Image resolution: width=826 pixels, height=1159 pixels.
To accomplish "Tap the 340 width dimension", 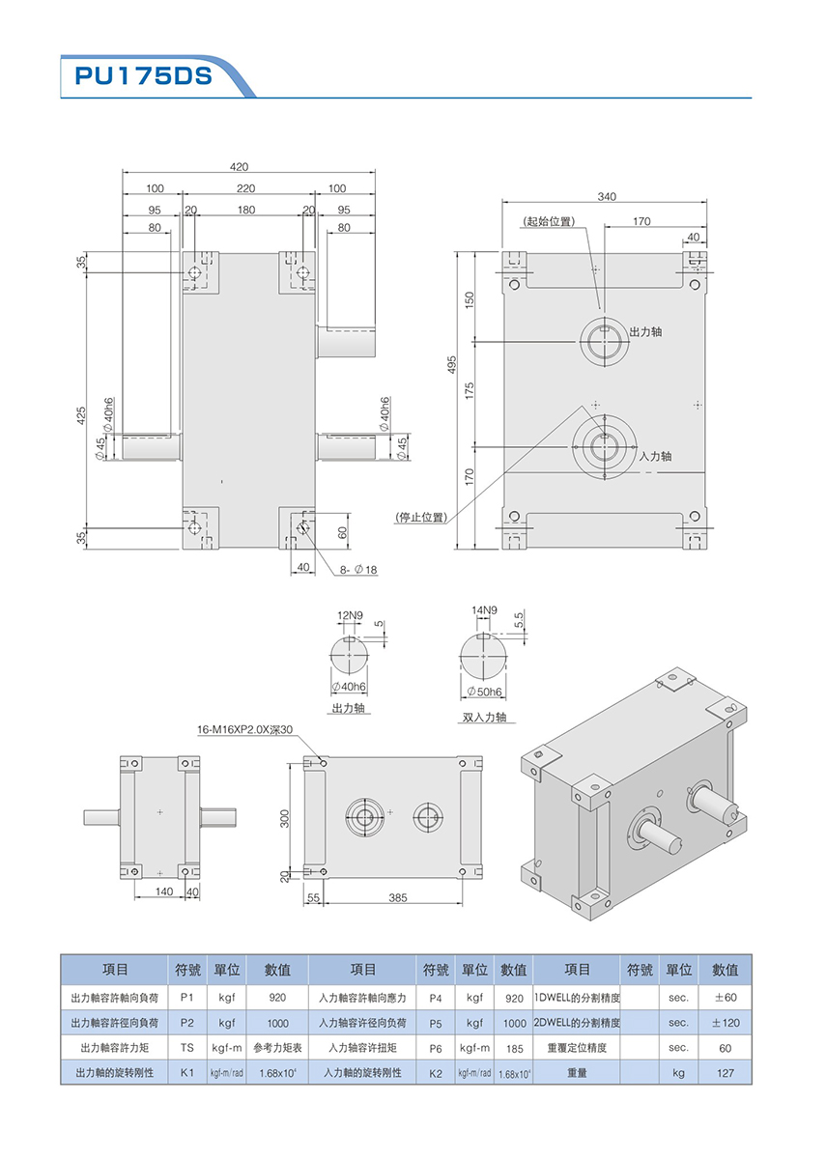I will coord(607,196).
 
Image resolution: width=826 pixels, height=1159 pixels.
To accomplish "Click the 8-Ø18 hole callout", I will coord(359,570).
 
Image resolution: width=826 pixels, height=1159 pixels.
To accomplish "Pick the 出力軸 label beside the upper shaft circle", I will coord(645,331).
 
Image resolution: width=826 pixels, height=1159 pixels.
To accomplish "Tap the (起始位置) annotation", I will coord(549,221).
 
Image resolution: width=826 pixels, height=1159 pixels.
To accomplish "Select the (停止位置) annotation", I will coord(421,517).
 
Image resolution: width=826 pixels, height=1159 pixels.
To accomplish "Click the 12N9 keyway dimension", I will coord(350,615).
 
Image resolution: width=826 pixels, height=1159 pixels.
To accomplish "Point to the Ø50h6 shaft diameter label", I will coord(484,692).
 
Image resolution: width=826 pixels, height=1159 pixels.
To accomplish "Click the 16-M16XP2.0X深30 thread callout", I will coord(244,731).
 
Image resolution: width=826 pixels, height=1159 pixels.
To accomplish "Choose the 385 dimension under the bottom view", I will coord(398,897).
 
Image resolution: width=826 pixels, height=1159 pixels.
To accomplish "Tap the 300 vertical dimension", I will coord(284,817).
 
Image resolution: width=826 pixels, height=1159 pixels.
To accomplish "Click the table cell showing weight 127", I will coord(725,1073).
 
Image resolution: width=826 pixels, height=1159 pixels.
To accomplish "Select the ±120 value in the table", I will coord(725,1022).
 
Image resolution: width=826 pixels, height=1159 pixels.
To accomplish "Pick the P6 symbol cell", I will coord(436,1048).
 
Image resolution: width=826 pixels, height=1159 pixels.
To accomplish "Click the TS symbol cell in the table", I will coord(187,1048).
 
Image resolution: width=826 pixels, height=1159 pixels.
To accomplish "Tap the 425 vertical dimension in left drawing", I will coord(82,415).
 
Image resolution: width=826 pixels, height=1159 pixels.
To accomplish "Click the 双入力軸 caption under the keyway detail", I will coord(483,718).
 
